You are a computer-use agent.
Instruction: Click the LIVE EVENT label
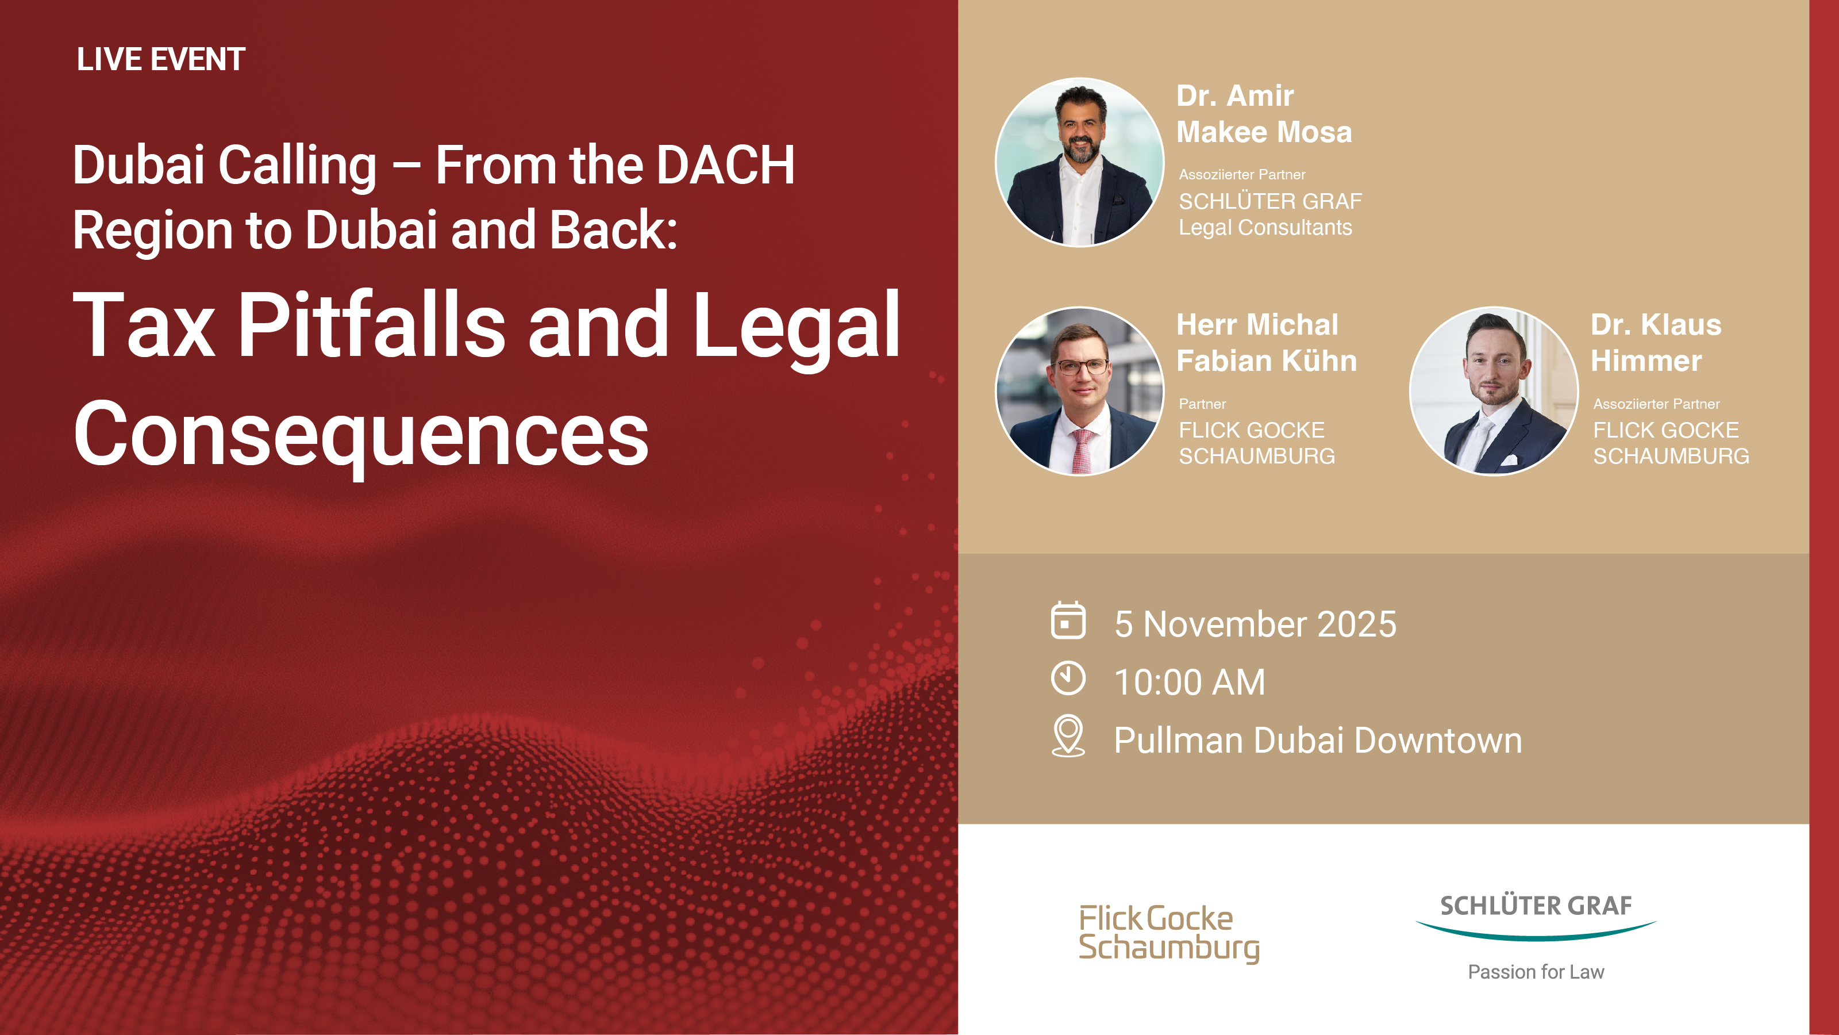click(x=161, y=59)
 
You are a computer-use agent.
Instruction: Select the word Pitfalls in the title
click(x=371, y=324)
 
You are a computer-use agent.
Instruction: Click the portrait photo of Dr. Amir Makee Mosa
click(x=1079, y=162)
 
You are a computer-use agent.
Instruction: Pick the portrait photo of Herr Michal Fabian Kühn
click(x=1079, y=392)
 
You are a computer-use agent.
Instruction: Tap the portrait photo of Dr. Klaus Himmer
click(x=1494, y=392)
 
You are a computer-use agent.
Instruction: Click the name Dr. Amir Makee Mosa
click(x=1264, y=114)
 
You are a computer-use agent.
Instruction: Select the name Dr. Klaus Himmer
click(x=1656, y=343)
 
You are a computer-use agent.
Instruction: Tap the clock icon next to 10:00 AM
click(x=1068, y=678)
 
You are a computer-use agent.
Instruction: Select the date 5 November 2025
click(x=1255, y=624)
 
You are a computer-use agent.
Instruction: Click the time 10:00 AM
click(x=1190, y=682)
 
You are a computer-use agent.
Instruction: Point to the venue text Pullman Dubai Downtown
click(x=1318, y=741)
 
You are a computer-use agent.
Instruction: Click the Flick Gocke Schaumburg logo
click(x=1169, y=934)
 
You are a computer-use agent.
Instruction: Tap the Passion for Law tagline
click(x=1536, y=972)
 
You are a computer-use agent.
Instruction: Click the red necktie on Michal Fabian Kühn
click(x=1081, y=451)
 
